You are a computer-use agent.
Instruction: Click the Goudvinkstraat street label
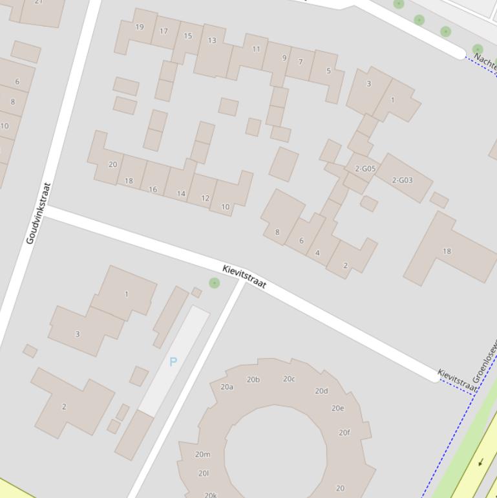pos(38,213)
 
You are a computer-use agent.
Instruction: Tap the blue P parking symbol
pos(173,362)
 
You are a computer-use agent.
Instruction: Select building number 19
pos(140,27)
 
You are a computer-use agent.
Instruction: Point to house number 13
pos(212,40)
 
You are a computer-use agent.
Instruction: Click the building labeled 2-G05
pos(365,169)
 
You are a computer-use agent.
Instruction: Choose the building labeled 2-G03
pos(402,180)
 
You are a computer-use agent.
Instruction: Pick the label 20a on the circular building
pos(227,387)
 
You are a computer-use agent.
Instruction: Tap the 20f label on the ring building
pos(344,433)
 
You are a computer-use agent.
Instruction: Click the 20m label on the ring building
pos(203,454)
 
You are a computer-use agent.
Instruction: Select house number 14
pos(181,193)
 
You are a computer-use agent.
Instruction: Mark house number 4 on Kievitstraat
pos(317,253)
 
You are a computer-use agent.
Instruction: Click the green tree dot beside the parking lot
pos(215,283)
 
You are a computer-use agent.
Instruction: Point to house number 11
pos(256,49)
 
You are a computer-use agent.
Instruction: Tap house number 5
pos(328,71)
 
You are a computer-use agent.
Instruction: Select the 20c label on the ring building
pos(289,379)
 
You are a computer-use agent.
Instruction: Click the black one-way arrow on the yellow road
pos(481,462)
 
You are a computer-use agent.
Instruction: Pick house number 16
pos(153,189)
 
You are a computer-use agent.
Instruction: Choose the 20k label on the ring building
pos(211,495)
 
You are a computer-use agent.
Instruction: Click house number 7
pos(301,62)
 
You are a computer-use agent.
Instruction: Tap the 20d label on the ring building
pos(321,391)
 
